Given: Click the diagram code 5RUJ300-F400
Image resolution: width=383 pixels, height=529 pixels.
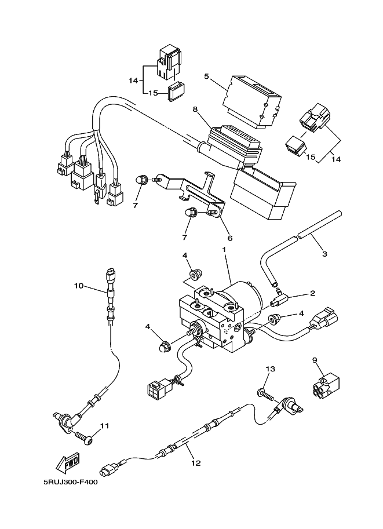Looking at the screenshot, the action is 71,483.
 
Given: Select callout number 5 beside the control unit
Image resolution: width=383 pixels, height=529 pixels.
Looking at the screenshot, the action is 206,76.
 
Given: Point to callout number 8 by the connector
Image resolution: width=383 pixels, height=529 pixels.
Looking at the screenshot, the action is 195,109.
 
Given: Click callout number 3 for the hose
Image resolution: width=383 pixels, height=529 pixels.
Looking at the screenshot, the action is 324,254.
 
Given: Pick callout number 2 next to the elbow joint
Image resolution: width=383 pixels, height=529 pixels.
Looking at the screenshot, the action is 312,293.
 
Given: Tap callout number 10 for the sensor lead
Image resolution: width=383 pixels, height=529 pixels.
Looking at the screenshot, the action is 79,286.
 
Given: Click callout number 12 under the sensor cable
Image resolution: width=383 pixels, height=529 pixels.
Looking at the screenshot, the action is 196,463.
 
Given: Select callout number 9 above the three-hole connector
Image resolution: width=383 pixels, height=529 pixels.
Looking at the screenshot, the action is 315,360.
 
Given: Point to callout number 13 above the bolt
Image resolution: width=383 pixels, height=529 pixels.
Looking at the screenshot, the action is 271,369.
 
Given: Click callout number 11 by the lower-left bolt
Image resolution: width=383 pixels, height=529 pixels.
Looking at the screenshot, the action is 105,426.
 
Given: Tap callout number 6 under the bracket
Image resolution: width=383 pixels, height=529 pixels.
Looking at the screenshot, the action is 230,238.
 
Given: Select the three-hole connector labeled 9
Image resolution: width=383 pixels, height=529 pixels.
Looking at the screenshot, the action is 324,384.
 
